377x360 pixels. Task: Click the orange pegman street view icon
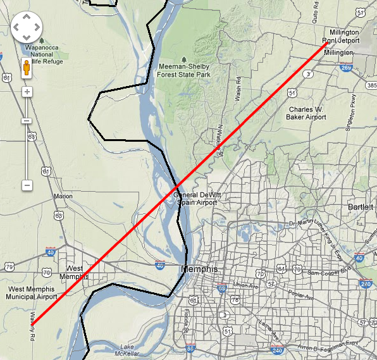click(27, 68)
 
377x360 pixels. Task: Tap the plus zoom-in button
click(27, 91)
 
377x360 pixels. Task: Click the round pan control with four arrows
click(27, 28)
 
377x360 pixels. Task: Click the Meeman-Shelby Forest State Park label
click(184, 69)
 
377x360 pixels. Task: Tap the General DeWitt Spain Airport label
click(195, 199)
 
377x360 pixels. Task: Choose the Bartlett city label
click(361, 207)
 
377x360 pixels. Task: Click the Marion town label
click(63, 196)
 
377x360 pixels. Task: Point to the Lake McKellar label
click(130, 349)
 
